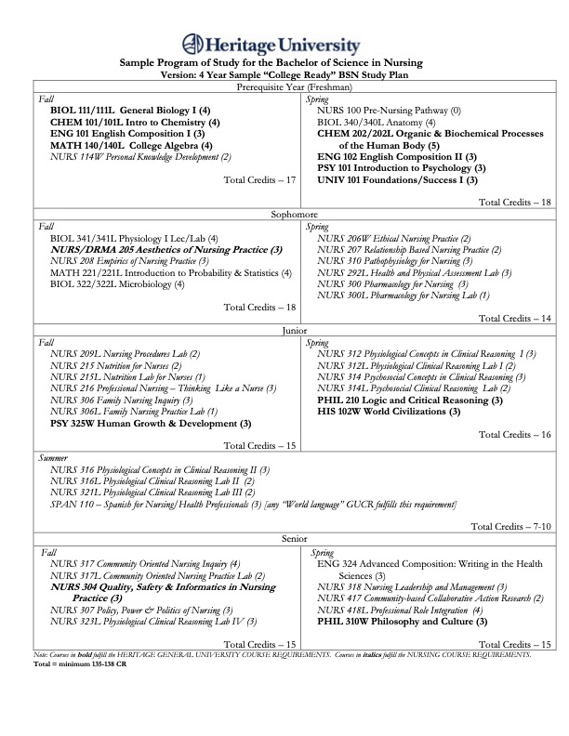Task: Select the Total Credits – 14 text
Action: coord(515,317)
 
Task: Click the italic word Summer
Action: coord(54,457)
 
